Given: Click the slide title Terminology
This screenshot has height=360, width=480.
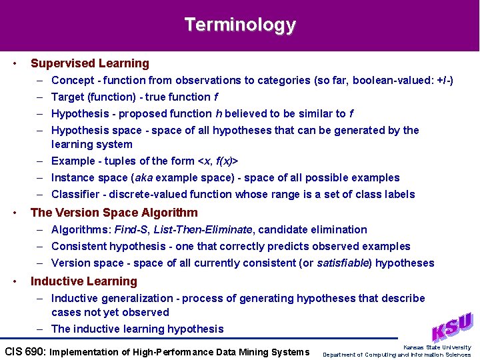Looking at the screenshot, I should [x=240, y=25].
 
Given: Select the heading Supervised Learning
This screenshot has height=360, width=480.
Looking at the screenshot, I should [x=90, y=63].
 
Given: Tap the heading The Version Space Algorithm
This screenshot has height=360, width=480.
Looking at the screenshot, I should [x=114, y=213].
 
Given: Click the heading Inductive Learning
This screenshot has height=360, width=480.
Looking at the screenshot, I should [x=84, y=281].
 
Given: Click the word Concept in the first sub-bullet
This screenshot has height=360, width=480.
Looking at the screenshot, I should [x=73, y=80].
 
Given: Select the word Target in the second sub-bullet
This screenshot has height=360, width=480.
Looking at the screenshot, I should [x=67, y=97].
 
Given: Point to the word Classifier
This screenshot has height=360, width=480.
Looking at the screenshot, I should [x=75, y=194].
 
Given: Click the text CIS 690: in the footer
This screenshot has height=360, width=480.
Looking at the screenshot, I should [x=25, y=351].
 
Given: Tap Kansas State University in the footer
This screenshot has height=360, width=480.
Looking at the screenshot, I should [x=437, y=347].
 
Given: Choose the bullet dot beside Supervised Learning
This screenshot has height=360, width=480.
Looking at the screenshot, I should [x=15, y=63].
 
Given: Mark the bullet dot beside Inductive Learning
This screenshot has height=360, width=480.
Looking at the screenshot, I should [x=15, y=281].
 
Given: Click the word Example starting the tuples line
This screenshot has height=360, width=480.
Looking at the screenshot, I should [x=73, y=161].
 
